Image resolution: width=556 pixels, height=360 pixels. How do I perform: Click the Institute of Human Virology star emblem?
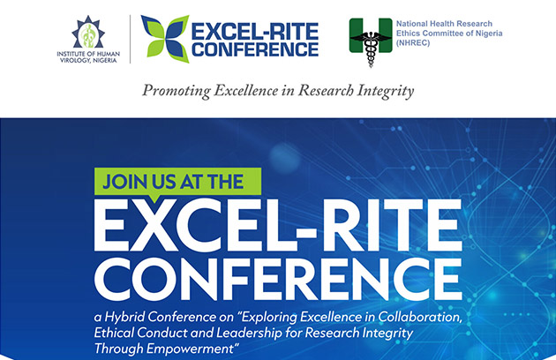(x=88, y=32)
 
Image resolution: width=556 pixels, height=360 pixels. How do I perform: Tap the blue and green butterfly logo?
(x=165, y=39)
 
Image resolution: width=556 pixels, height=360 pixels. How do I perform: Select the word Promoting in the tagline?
(x=177, y=91)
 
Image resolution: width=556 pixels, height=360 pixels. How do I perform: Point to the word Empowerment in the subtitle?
(x=190, y=349)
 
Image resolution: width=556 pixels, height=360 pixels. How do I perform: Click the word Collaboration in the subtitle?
(x=420, y=317)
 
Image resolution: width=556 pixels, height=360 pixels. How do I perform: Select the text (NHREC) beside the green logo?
(x=413, y=43)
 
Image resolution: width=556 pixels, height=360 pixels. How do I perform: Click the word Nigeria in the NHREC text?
(x=490, y=34)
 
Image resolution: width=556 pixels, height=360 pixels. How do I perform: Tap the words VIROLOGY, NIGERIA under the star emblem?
(x=88, y=60)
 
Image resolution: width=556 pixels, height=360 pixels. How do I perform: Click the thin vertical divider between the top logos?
(x=130, y=39)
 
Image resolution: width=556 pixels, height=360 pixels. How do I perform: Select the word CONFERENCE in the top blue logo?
(x=255, y=49)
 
